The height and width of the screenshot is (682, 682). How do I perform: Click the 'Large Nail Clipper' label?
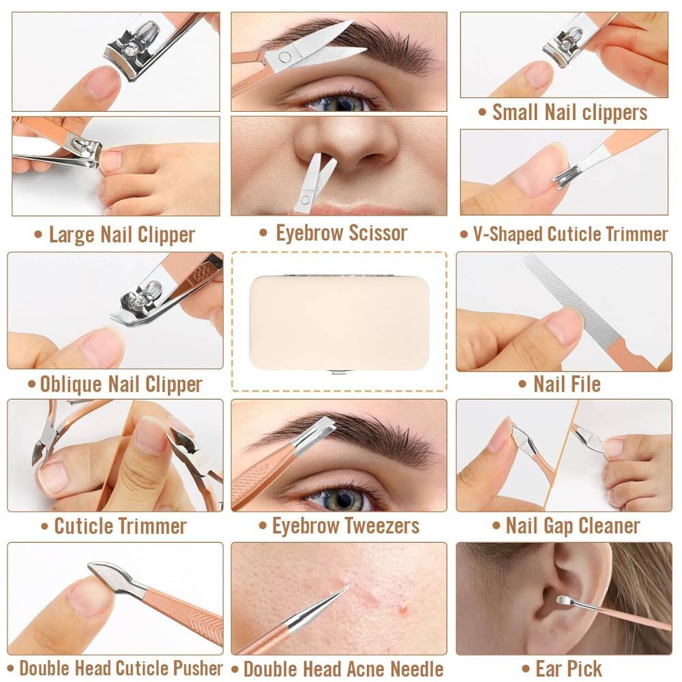tap(115, 235)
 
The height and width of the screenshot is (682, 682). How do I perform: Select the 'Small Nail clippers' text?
tap(563, 113)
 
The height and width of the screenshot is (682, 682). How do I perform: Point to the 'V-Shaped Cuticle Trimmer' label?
tap(564, 235)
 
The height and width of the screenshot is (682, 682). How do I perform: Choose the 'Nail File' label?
tap(560, 384)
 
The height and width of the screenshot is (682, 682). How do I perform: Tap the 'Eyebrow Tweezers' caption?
tap(339, 526)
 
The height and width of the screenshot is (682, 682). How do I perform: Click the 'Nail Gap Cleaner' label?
tap(566, 526)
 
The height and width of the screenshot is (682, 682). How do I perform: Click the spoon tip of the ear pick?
tap(563, 601)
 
